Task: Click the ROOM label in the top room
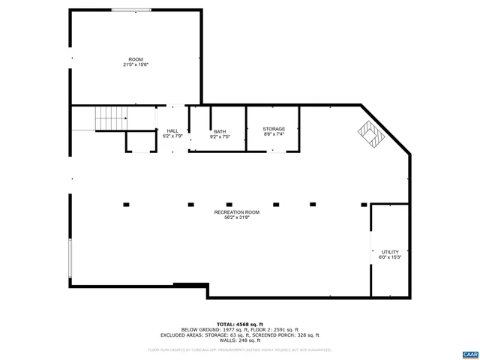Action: (x=136, y=59)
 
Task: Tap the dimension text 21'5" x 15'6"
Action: (x=136, y=65)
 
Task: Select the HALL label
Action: (x=172, y=130)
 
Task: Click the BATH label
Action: (x=219, y=131)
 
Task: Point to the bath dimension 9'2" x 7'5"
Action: (x=219, y=137)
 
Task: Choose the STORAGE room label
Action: (x=274, y=129)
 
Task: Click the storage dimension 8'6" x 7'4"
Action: (x=274, y=135)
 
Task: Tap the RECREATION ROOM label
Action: (x=237, y=213)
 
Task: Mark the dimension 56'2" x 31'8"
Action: (x=237, y=219)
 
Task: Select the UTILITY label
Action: (x=390, y=252)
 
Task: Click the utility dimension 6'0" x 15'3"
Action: (x=390, y=258)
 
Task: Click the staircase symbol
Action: (x=111, y=118)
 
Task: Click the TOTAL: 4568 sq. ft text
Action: (x=239, y=324)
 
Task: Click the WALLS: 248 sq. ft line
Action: (x=239, y=341)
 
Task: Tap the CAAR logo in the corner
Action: (x=469, y=354)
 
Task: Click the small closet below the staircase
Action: (x=139, y=142)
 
